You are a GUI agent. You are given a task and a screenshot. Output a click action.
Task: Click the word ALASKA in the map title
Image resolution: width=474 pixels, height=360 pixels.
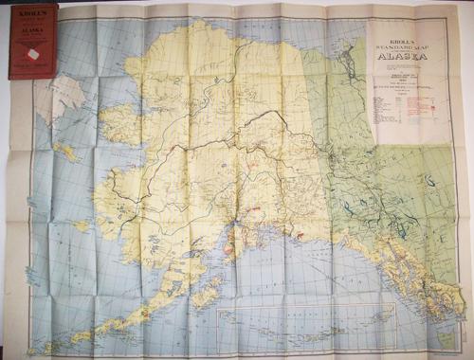402,55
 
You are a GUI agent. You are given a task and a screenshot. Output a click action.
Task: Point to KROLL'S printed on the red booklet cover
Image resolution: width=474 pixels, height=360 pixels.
31,16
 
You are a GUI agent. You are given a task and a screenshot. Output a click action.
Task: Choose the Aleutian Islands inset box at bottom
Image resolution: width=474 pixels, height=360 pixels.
284,326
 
